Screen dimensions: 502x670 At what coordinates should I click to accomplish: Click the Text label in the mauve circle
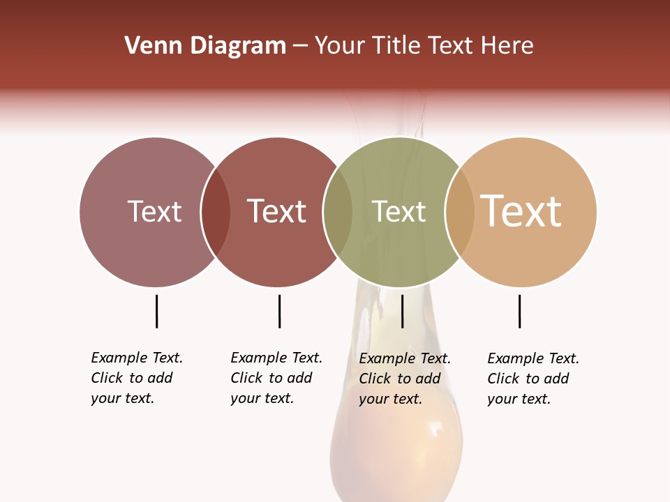click(x=154, y=211)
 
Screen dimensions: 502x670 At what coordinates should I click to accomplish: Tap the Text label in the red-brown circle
click(x=277, y=211)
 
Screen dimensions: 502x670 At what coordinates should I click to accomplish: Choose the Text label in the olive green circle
click(x=399, y=211)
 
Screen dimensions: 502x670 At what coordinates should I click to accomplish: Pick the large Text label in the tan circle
click(x=521, y=211)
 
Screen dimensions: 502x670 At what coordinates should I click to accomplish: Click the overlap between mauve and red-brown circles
click(x=216, y=212)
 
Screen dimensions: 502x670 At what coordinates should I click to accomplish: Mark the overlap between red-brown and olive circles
click(x=338, y=212)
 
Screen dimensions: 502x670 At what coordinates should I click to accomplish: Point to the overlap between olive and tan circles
click(x=459, y=212)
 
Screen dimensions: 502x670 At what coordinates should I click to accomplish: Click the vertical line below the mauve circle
click(x=156, y=311)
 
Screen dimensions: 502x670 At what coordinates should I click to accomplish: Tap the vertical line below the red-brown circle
click(x=279, y=311)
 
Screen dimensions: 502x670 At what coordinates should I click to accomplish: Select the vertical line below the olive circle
click(x=402, y=311)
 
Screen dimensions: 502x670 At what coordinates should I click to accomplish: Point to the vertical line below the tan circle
click(x=519, y=311)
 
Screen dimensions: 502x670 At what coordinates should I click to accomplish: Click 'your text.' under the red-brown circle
click(x=262, y=398)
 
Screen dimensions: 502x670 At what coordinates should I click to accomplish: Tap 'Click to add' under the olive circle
click(x=400, y=379)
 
